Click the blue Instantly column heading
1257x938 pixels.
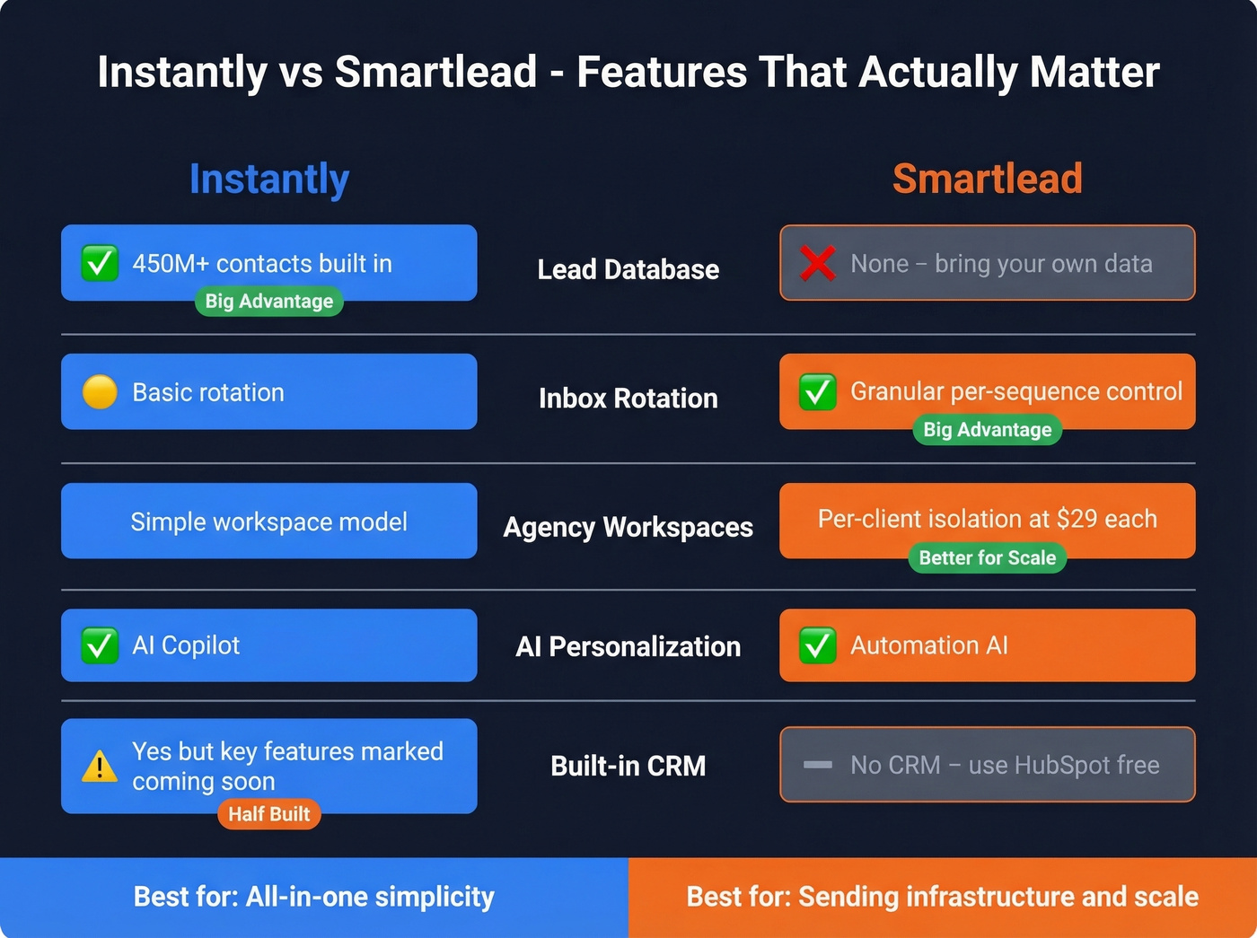269,180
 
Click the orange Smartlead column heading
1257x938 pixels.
987,179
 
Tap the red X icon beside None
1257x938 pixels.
818,263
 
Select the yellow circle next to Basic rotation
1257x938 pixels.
100,392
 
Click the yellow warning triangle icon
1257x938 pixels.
100,766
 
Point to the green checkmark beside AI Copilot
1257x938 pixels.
100,645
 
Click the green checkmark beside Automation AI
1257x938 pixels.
818,645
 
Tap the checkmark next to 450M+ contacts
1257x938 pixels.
100,263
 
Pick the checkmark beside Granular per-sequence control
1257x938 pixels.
818,392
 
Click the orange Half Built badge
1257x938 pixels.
268,814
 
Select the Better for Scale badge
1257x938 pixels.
987,557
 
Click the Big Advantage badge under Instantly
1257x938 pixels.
268,302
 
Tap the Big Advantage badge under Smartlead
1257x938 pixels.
987,430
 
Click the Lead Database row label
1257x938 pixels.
628,269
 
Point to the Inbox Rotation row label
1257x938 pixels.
628,399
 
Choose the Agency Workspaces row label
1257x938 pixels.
628,527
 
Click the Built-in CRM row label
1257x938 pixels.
628,766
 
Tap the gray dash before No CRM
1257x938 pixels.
818,765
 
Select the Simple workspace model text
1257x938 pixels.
268,522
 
